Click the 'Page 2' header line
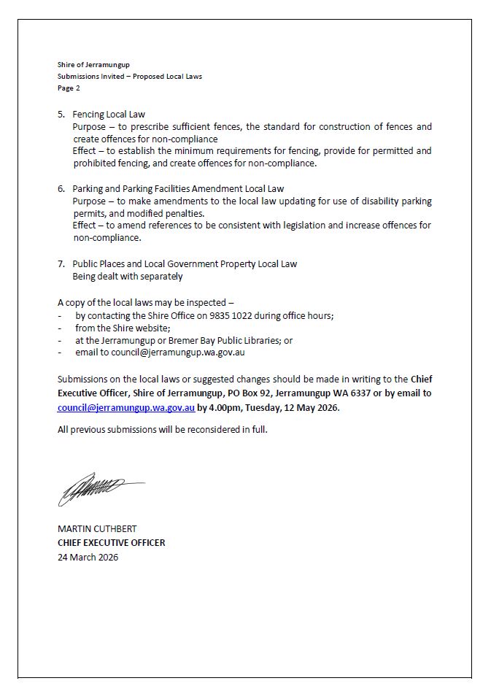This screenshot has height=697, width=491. [x=69, y=88]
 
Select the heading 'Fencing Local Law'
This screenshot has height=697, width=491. [x=109, y=115]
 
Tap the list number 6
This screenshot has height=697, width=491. [x=61, y=189]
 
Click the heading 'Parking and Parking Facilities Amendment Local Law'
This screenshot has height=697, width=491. [x=178, y=189]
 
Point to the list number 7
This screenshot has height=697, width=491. [x=61, y=264]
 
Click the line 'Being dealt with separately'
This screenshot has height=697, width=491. [x=127, y=277]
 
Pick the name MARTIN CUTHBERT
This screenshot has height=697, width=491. [x=97, y=528]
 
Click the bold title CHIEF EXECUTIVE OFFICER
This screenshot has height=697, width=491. [x=111, y=543]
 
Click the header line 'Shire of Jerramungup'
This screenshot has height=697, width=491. [x=93, y=65]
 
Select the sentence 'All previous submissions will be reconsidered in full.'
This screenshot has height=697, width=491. [x=162, y=429]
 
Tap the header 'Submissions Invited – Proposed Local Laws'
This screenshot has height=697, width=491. [x=129, y=77]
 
